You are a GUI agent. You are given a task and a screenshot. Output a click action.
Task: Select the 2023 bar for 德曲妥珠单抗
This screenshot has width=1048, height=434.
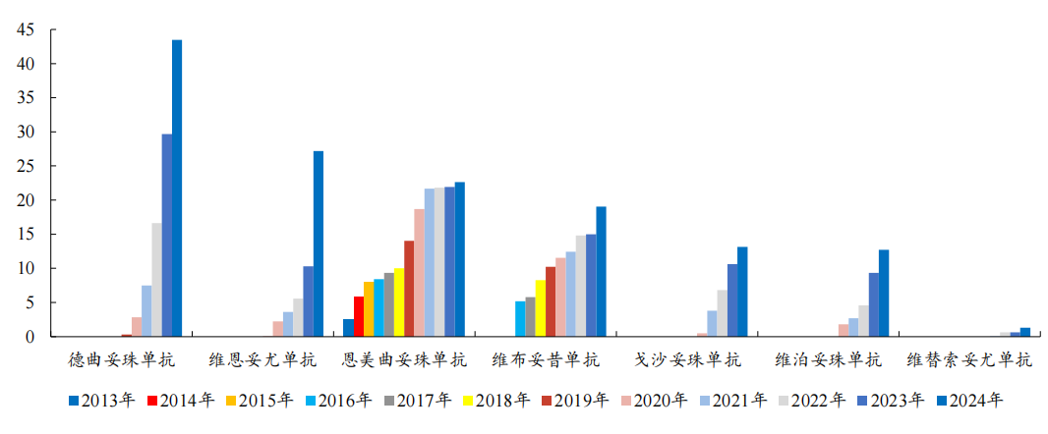click(x=167, y=236)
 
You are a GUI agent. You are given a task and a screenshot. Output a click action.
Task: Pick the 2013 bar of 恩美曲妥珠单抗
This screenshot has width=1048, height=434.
click(x=348, y=328)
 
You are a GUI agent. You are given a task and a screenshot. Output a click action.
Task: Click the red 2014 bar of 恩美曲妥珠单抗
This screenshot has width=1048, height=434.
click(x=359, y=316)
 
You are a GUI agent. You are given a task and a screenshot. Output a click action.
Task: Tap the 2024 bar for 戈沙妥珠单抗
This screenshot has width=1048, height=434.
click(x=742, y=292)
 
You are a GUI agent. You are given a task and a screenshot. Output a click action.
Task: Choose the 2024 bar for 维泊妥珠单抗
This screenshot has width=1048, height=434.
click(x=884, y=294)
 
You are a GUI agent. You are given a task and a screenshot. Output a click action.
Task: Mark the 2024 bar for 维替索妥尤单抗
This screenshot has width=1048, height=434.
click(x=1025, y=332)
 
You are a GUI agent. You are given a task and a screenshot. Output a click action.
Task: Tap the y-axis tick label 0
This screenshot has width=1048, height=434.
click(x=30, y=337)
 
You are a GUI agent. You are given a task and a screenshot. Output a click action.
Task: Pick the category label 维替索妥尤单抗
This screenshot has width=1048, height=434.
click(x=969, y=360)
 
